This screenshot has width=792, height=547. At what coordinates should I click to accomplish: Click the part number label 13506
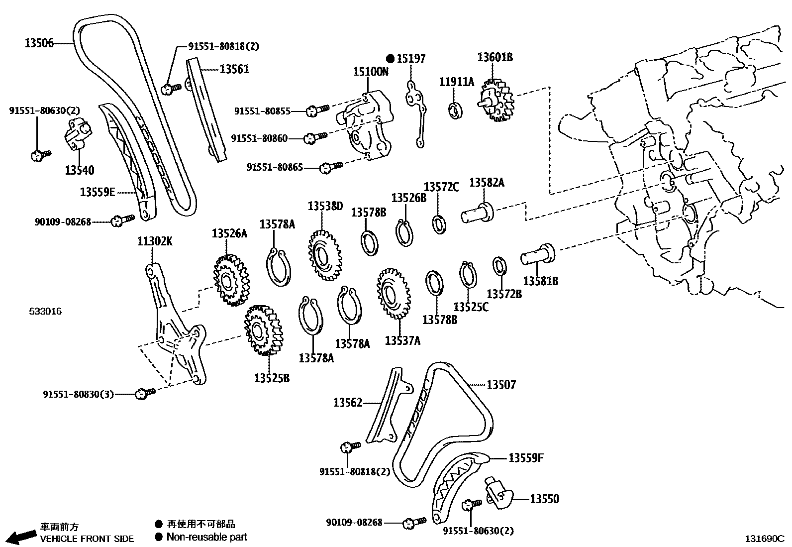[39, 43]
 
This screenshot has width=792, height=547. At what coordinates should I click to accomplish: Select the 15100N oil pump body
[366, 124]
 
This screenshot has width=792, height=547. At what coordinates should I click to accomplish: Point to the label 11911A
[457, 82]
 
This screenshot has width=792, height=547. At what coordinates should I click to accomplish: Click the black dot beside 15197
[391, 59]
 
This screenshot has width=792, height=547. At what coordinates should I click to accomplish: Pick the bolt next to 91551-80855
[316, 110]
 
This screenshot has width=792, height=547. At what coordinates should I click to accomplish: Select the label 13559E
[98, 192]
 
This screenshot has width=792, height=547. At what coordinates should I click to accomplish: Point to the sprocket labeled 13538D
[325, 256]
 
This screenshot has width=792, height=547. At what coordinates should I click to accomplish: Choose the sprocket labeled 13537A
[394, 294]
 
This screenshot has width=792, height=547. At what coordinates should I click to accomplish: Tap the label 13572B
[504, 294]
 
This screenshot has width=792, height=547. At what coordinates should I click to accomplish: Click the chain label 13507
[501, 385]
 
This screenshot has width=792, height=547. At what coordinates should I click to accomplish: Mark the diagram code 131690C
[764, 539]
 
